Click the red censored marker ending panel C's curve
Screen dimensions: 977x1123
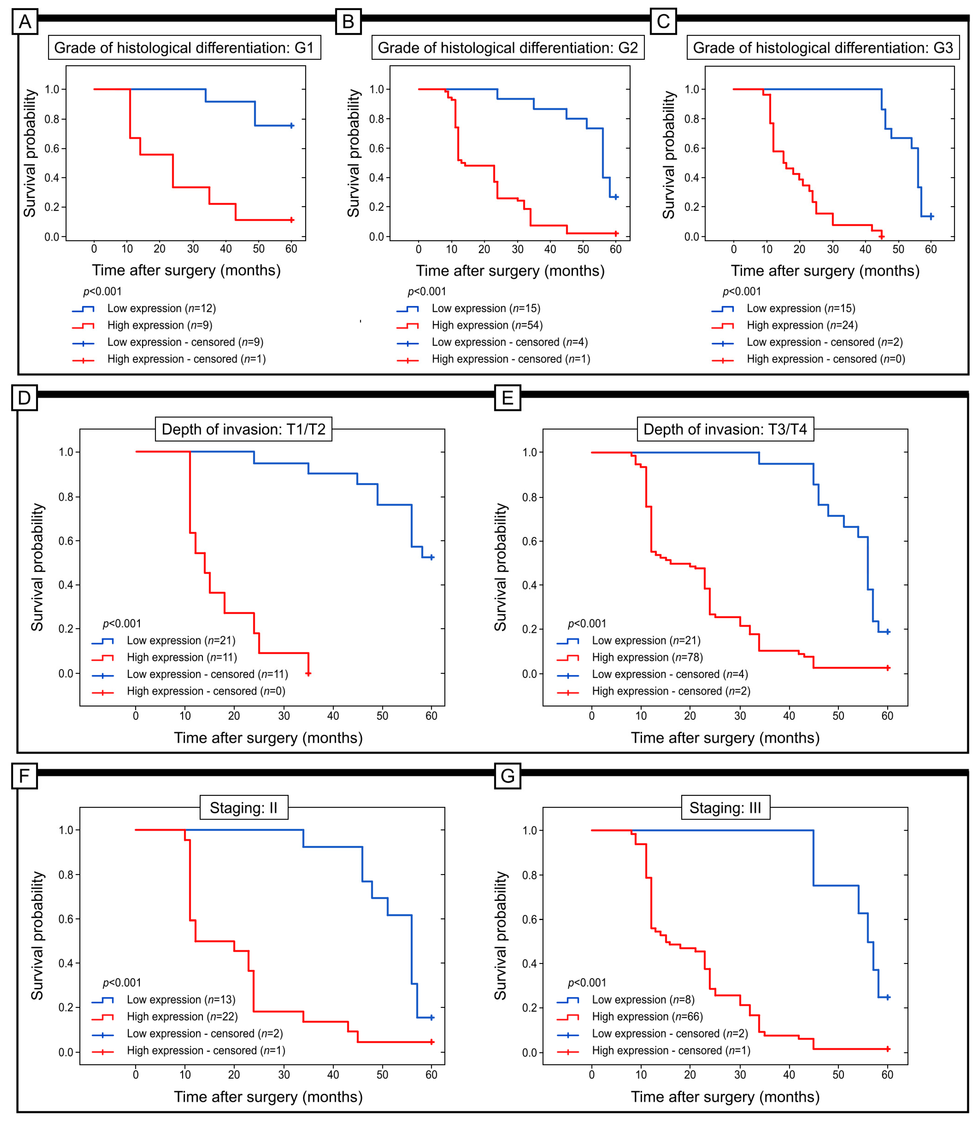(882, 236)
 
